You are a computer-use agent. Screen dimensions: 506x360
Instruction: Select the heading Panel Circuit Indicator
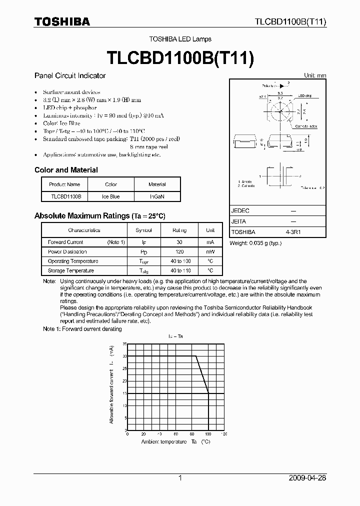70,76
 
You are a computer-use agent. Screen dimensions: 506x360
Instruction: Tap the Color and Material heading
66,170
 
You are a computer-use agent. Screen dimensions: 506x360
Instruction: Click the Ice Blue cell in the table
111,196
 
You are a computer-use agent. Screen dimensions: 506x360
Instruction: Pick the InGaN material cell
157,196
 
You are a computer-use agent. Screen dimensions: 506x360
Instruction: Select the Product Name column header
64,184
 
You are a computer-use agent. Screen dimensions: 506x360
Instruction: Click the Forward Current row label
65,242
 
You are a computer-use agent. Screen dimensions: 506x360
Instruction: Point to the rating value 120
179,252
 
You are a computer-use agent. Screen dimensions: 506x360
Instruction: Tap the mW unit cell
210,252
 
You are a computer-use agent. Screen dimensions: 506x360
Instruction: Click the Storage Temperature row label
71,271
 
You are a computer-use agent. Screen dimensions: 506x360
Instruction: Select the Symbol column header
143,230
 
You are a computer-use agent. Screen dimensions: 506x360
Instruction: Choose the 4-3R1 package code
293,232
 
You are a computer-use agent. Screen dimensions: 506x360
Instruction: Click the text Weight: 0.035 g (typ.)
255,243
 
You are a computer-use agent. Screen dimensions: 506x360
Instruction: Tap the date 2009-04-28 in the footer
307,478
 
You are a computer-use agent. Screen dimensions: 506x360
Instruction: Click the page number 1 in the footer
180,478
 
